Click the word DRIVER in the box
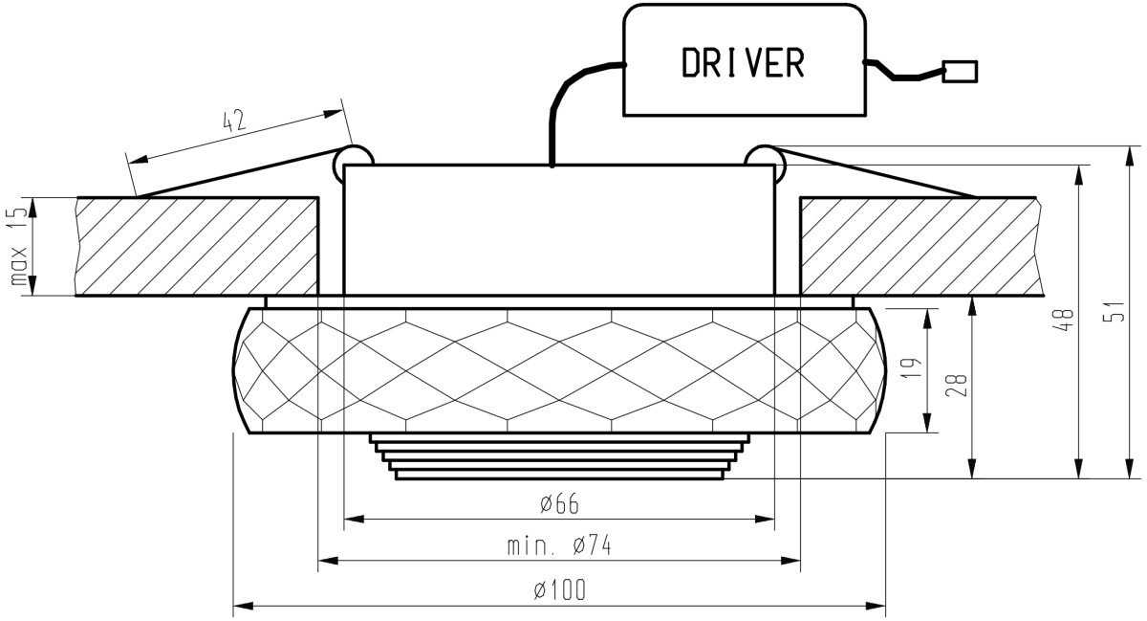(x=743, y=62)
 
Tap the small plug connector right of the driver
(x=960, y=71)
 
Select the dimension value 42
(x=235, y=121)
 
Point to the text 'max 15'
(x=18, y=246)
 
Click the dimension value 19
(x=911, y=367)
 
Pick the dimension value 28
(x=957, y=385)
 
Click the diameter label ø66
(x=560, y=503)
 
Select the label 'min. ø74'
(x=559, y=545)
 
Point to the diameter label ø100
(x=559, y=589)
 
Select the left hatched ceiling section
(x=197, y=247)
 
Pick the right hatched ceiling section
(x=921, y=247)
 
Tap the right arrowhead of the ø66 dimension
(x=765, y=519)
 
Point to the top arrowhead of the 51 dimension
(x=1130, y=156)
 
